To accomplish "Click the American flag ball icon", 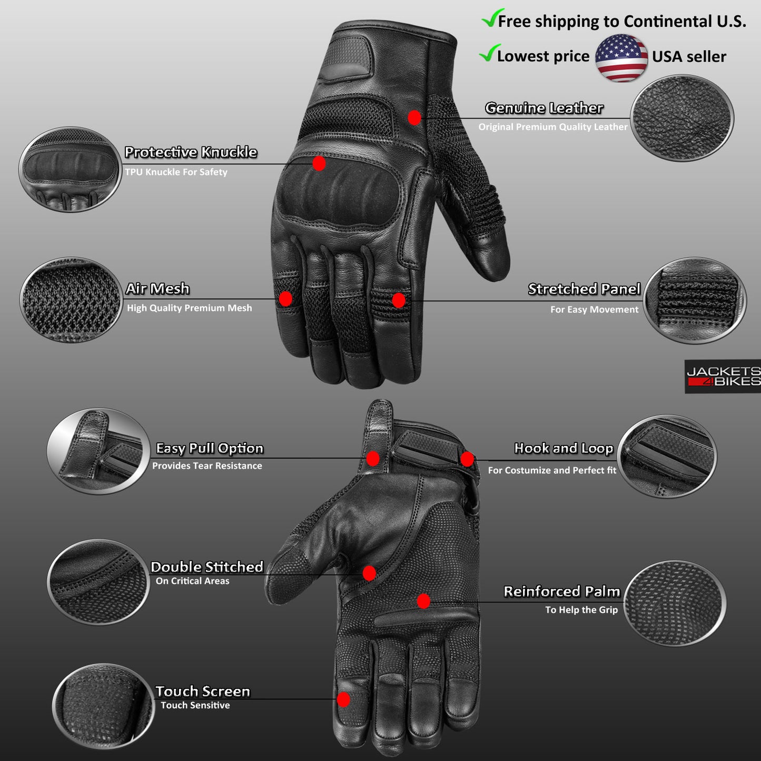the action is click(621, 58).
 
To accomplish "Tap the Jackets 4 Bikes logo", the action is click(723, 376).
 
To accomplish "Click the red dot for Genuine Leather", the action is click(414, 117).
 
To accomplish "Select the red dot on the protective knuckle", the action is click(319, 163).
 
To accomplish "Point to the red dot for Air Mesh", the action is click(285, 299).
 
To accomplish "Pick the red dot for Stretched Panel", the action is click(399, 300).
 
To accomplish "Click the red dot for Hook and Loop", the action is click(467, 459).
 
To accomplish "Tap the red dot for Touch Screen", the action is click(343, 699).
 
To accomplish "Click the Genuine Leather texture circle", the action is click(682, 118).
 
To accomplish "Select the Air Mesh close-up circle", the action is click(71, 300).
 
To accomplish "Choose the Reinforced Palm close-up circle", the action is click(675, 603).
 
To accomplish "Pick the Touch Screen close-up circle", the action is click(103, 707).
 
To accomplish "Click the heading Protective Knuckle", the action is click(191, 152).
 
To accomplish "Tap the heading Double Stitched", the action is click(206, 567).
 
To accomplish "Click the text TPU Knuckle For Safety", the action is click(176, 172).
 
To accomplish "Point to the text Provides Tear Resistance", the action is click(207, 466).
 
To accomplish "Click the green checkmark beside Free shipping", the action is click(492, 17).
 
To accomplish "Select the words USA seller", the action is click(689, 56).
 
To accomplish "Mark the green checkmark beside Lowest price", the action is click(490, 53).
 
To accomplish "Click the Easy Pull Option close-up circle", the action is click(98, 451).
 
